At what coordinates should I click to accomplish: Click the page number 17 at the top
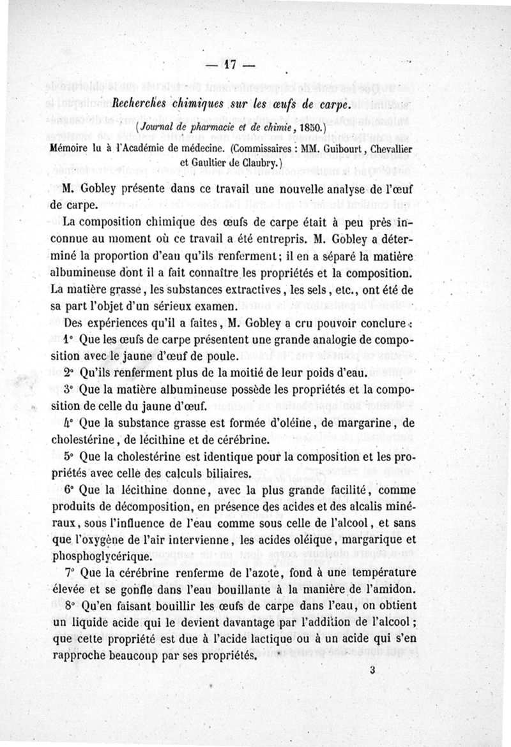pyautogui.click(x=230, y=65)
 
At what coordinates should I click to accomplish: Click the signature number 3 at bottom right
pyautogui.click(x=372, y=670)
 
